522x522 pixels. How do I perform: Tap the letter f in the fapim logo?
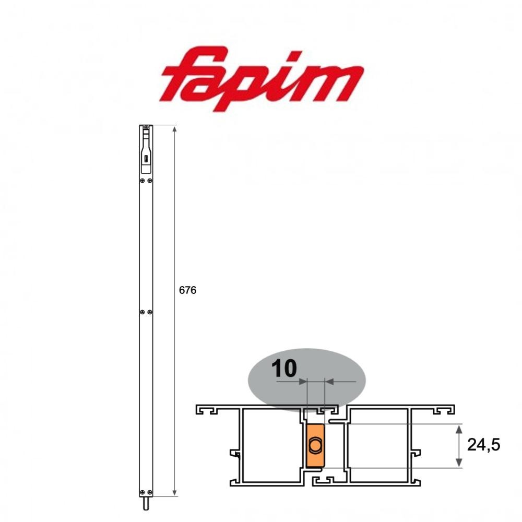pos(188,78)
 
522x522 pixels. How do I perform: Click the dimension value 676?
pos(187,290)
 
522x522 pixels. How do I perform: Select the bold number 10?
pos(284,369)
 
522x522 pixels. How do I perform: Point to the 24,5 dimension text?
pos(484,445)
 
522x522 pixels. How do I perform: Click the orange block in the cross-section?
pos(315,445)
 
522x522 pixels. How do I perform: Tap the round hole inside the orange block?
pos(315,445)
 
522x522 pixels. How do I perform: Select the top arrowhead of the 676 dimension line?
pos(174,128)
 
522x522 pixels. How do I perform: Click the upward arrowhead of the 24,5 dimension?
pos(458,429)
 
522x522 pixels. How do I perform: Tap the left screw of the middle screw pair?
pos(142,312)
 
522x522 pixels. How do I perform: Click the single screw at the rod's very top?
pos(146,127)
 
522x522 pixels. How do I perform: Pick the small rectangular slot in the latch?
pos(146,158)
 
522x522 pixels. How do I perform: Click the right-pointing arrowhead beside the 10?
pos(303,382)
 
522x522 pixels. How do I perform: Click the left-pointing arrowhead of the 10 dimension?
pos(329,382)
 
